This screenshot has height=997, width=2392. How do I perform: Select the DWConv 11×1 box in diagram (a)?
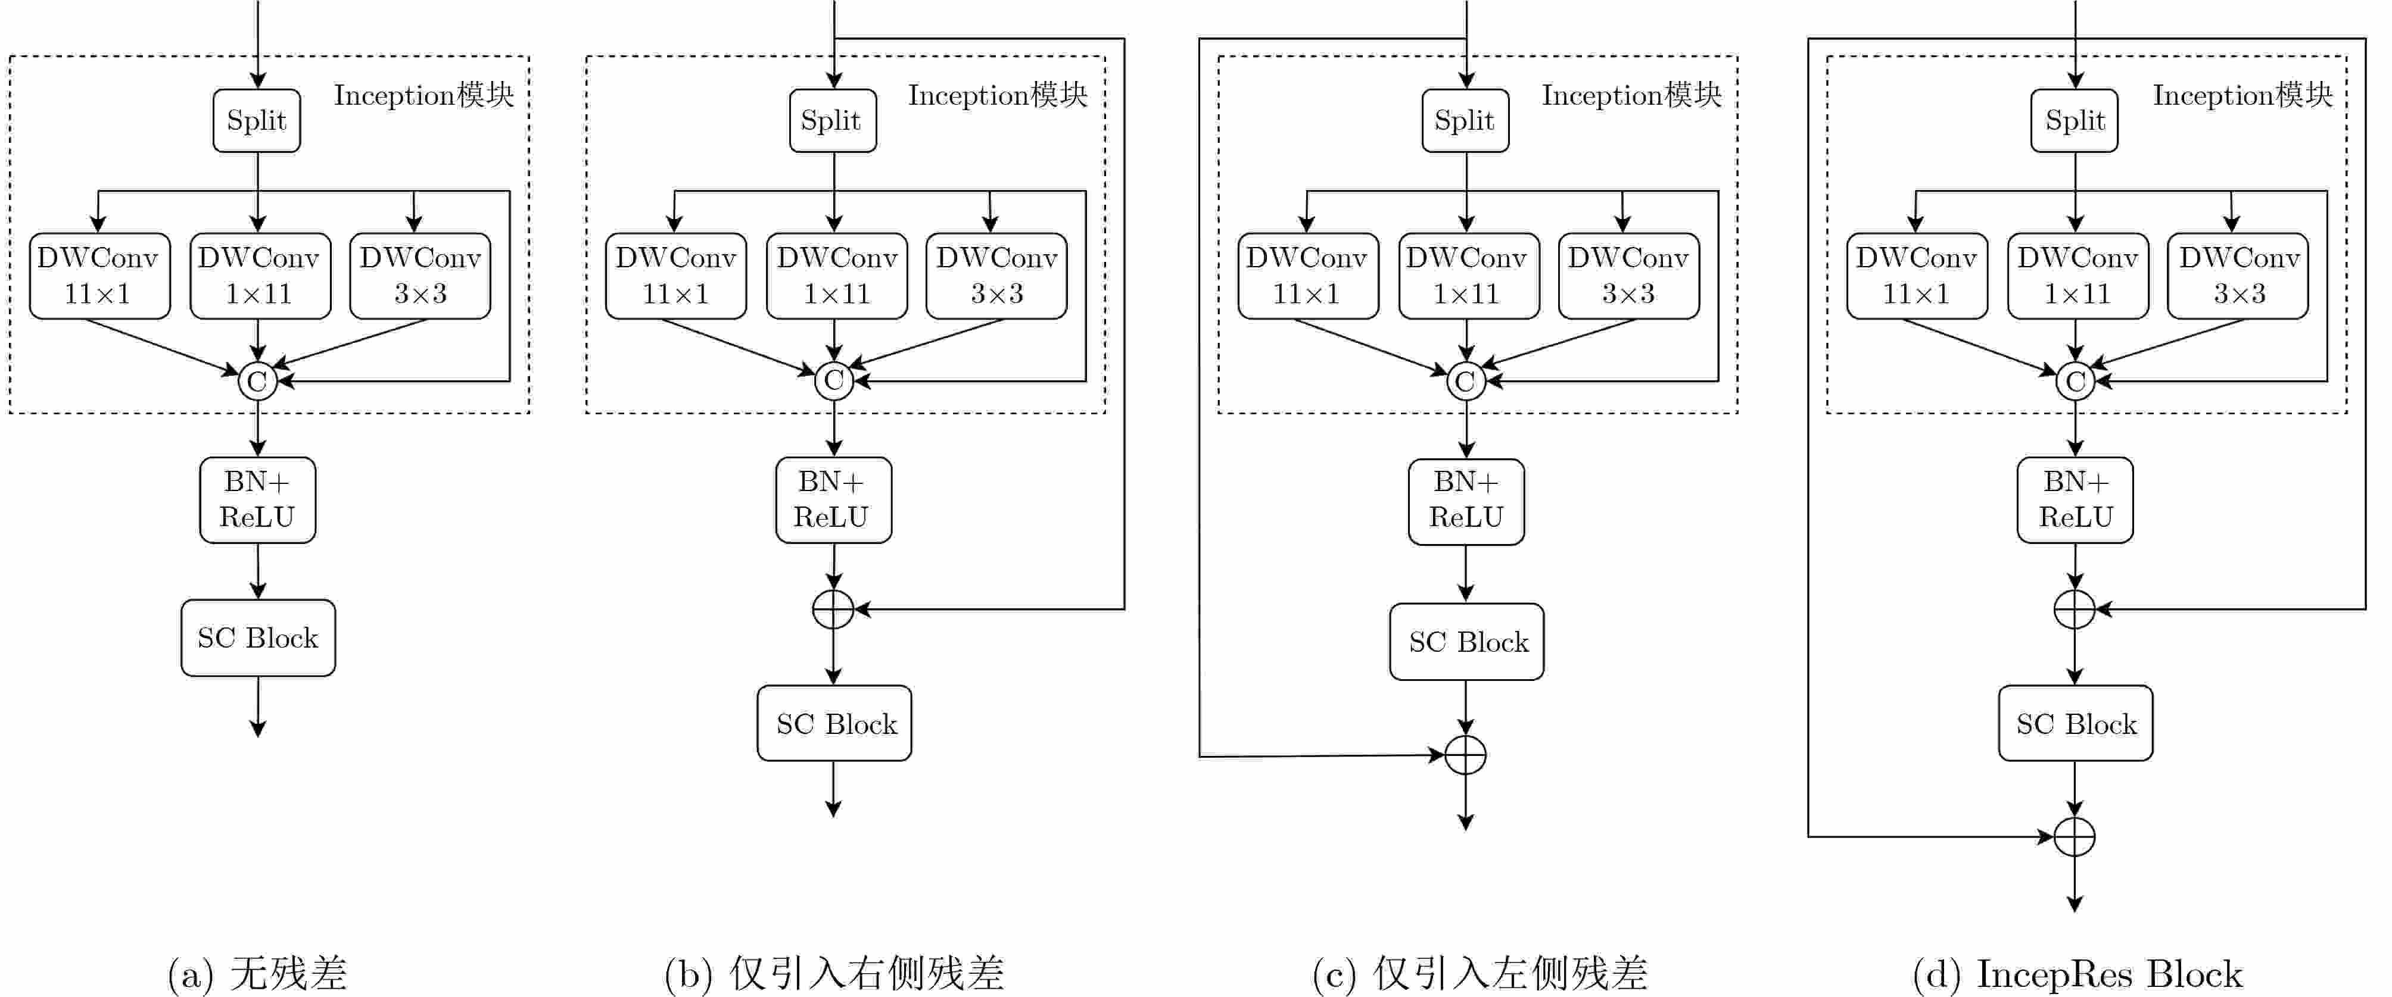click(x=99, y=276)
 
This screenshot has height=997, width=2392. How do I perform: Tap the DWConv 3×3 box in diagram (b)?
click(x=996, y=276)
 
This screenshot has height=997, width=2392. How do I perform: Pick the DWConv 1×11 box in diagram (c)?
click(x=1468, y=276)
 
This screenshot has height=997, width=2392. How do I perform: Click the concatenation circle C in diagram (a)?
click(x=257, y=380)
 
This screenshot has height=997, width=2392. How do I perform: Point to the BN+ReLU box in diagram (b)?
click(x=833, y=499)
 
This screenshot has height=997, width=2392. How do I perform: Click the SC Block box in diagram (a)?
click(x=258, y=637)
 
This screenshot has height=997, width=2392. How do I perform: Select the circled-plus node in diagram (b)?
click(x=833, y=609)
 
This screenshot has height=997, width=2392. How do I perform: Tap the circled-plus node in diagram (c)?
click(x=1465, y=755)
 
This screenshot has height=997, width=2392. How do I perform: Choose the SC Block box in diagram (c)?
click(x=1466, y=642)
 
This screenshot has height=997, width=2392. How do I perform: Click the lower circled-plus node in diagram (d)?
click(x=2075, y=836)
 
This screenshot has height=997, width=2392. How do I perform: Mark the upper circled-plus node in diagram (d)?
click(x=2075, y=609)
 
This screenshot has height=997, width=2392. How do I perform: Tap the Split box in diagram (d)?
click(x=2075, y=121)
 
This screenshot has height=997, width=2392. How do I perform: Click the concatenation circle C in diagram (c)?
click(x=1465, y=380)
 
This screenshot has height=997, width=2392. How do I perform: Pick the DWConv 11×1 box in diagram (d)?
click(x=1917, y=276)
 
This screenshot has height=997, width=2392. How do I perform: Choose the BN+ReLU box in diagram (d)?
click(x=2075, y=499)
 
